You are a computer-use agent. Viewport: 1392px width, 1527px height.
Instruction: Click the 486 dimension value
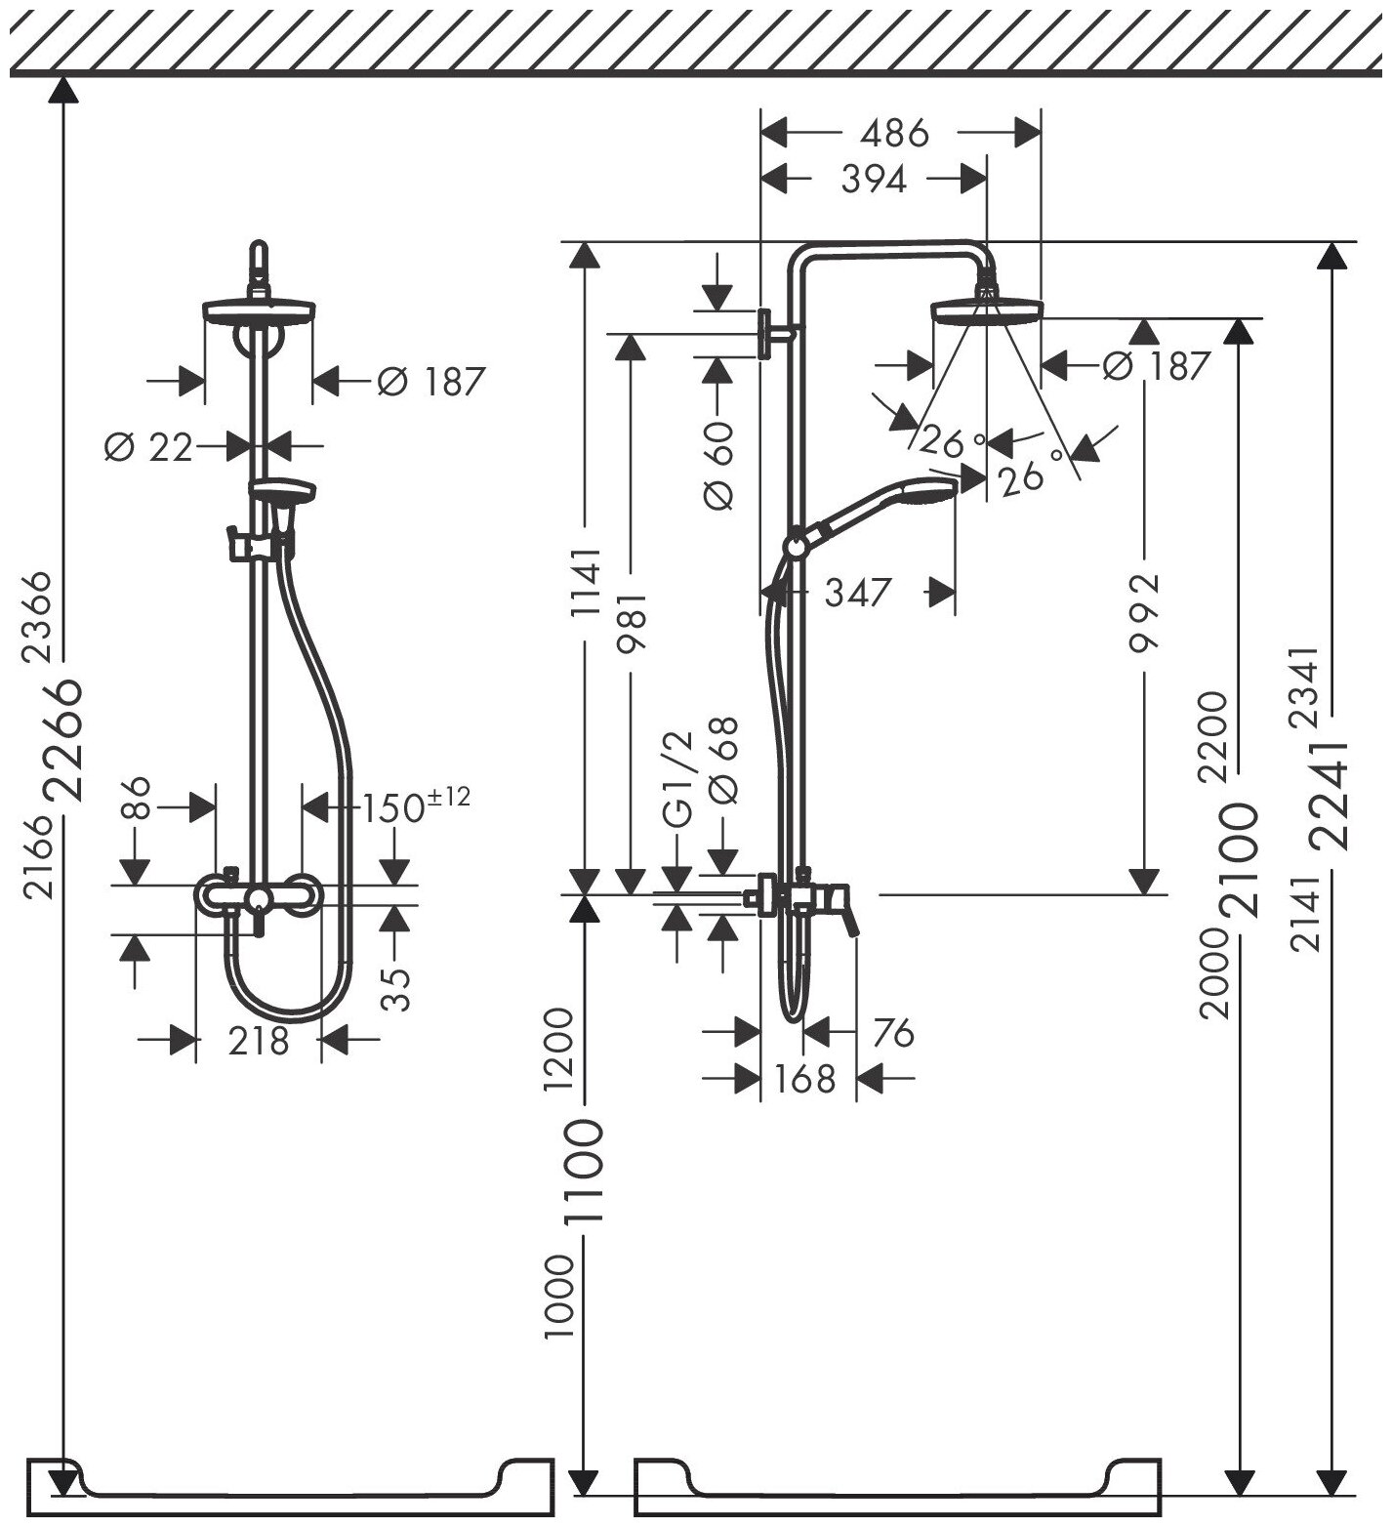pyautogui.click(x=896, y=132)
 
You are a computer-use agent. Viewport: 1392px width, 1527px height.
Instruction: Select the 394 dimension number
pyautogui.click(x=874, y=179)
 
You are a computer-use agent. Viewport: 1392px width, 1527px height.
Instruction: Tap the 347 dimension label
pyautogui.click(x=858, y=592)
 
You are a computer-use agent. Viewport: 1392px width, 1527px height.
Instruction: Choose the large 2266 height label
pyautogui.click(x=66, y=739)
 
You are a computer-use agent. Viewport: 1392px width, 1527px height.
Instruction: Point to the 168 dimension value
pyautogui.click(x=806, y=1079)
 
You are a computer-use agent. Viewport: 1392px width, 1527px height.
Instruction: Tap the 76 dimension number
pyautogui.click(x=894, y=1032)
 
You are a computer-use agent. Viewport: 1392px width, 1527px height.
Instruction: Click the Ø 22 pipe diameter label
pyautogui.click(x=149, y=447)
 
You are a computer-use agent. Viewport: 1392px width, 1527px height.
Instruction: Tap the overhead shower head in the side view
pyautogui.click(x=988, y=310)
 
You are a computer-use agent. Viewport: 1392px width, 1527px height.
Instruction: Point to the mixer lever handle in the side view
pyautogui.click(x=845, y=913)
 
